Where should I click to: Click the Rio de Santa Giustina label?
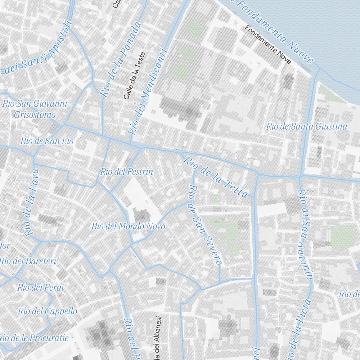coord(306,126)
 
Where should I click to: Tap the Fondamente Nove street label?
coord(268,45)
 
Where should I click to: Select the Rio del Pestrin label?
coord(127,172)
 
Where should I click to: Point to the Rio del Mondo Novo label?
coord(128,226)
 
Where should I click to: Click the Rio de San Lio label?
coord(47,141)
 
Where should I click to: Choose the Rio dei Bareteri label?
coord(28,261)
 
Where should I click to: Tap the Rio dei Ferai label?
coord(40,287)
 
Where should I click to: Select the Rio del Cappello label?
coord(48,311)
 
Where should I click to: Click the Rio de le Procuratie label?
coord(34,338)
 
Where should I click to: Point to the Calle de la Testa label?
coord(134,76)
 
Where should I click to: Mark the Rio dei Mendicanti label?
coord(148,92)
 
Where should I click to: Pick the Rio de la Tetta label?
coord(216,177)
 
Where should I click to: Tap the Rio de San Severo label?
coord(204,225)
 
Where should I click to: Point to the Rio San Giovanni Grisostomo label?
coord(35,109)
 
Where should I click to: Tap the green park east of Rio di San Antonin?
coord(342,237)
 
